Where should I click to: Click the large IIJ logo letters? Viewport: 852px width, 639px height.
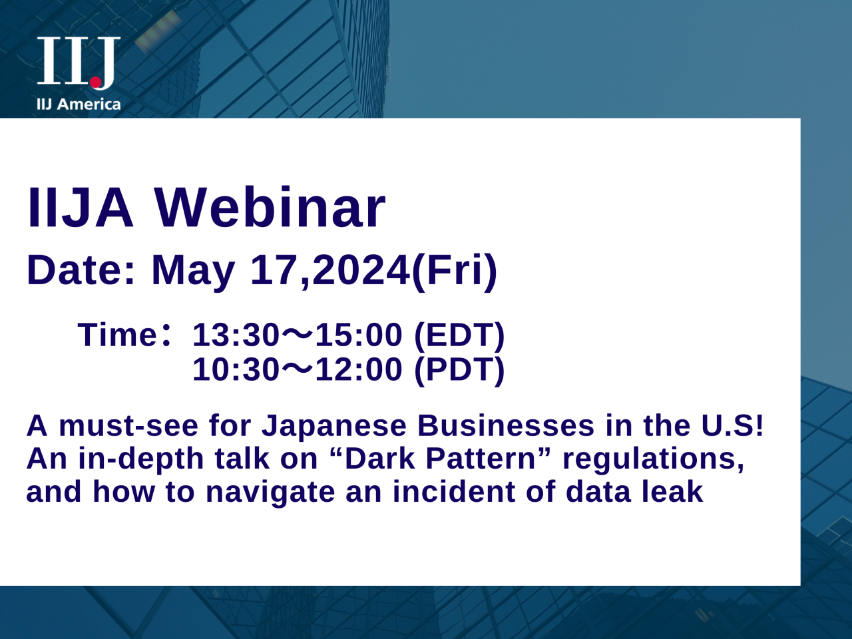(x=78, y=61)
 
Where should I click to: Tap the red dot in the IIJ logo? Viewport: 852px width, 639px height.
(x=96, y=83)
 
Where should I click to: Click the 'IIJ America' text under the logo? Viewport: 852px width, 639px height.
(x=79, y=105)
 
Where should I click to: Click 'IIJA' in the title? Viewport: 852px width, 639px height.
(x=81, y=208)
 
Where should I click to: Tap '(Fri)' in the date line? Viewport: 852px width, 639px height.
(x=454, y=270)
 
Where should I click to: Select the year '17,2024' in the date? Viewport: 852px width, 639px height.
(x=329, y=270)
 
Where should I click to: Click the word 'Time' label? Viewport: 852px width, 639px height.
(x=116, y=334)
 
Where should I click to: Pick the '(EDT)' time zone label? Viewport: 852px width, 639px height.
(x=459, y=334)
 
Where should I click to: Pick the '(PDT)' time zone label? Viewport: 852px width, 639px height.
(x=459, y=369)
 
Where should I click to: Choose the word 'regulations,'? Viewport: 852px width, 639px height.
(x=654, y=459)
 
